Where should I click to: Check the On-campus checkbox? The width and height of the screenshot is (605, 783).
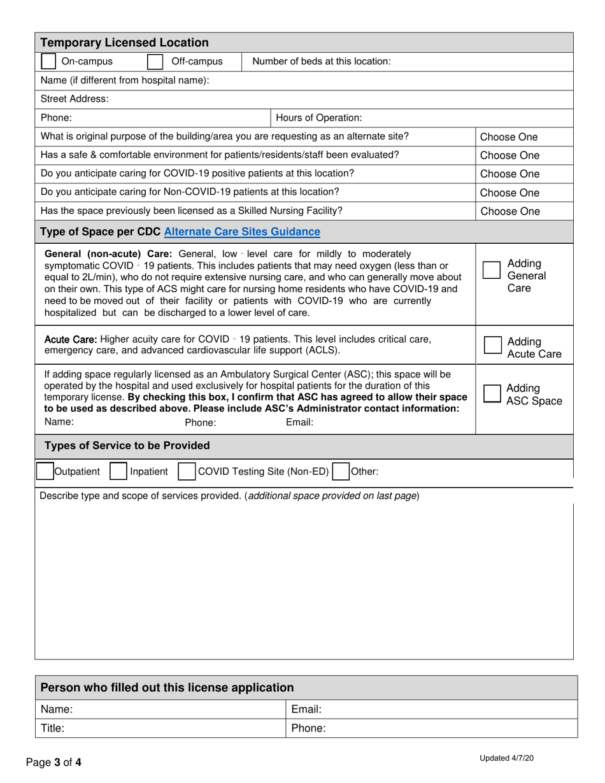[x=48, y=62]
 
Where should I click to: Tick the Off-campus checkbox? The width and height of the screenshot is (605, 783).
[x=155, y=62]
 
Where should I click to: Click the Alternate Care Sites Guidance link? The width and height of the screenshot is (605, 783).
[x=242, y=232]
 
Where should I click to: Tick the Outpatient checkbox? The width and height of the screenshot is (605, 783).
[x=45, y=472]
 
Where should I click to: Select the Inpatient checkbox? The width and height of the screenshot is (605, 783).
[x=118, y=472]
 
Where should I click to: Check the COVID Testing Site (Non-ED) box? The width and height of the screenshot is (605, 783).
[x=186, y=472]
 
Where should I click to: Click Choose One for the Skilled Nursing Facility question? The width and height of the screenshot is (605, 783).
[x=509, y=211]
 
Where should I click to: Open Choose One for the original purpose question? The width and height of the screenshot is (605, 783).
[x=509, y=137]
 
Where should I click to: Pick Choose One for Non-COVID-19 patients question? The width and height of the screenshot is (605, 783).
[x=509, y=193]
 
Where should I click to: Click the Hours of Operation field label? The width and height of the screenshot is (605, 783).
[x=318, y=118]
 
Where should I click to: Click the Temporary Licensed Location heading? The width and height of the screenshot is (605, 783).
[x=124, y=43]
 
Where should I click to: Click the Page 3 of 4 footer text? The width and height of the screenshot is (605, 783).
[x=53, y=762]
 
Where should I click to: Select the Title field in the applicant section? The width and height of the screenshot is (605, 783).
[x=159, y=728]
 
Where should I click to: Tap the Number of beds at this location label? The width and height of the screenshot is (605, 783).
[x=322, y=62]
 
